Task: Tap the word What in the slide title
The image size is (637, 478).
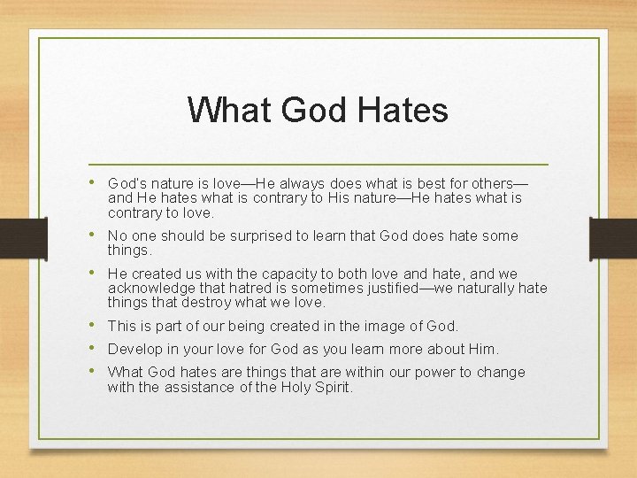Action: pos(230,111)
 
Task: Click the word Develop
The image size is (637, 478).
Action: pos(135,350)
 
